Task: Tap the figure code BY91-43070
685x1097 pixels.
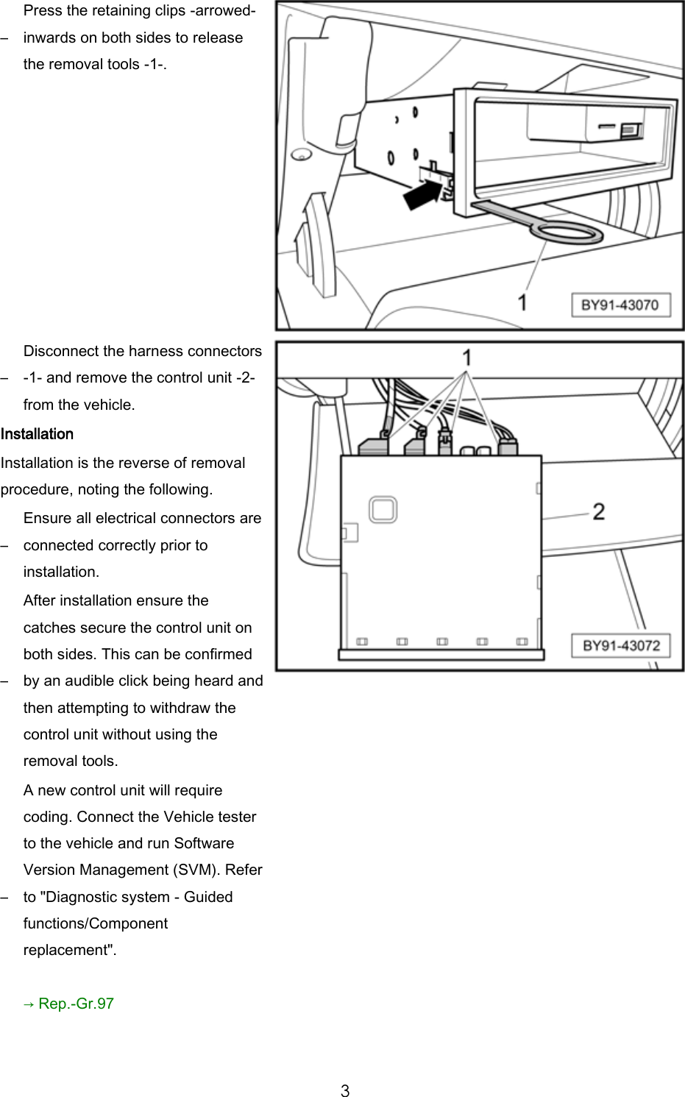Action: point(620,305)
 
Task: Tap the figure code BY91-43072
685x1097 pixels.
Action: point(621,646)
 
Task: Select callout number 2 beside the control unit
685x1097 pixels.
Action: point(599,511)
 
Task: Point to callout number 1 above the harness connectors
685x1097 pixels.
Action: point(466,358)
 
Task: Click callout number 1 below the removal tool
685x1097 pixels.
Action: point(522,302)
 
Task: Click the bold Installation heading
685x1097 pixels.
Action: point(37,434)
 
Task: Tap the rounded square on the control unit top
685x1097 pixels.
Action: point(383,508)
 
